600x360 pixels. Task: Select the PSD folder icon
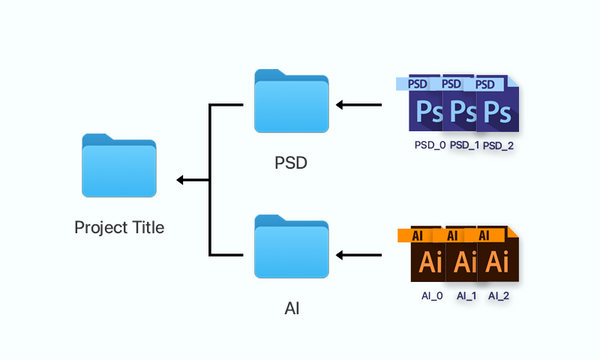pyautogui.click(x=291, y=105)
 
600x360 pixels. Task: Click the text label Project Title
pyautogui.click(x=119, y=227)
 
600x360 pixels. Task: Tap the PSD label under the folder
pyautogui.click(x=291, y=161)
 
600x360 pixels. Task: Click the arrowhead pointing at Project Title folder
pyautogui.click(x=181, y=180)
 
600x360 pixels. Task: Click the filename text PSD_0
pyautogui.click(x=431, y=145)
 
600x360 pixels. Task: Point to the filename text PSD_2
pyautogui.click(x=496, y=145)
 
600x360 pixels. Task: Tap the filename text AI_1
pyautogui.click(x=466, y=297)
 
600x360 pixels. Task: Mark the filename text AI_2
pyautogui.click(x=500, y=297)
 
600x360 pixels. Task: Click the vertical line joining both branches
pyautogui.click(x=208, y=180)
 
